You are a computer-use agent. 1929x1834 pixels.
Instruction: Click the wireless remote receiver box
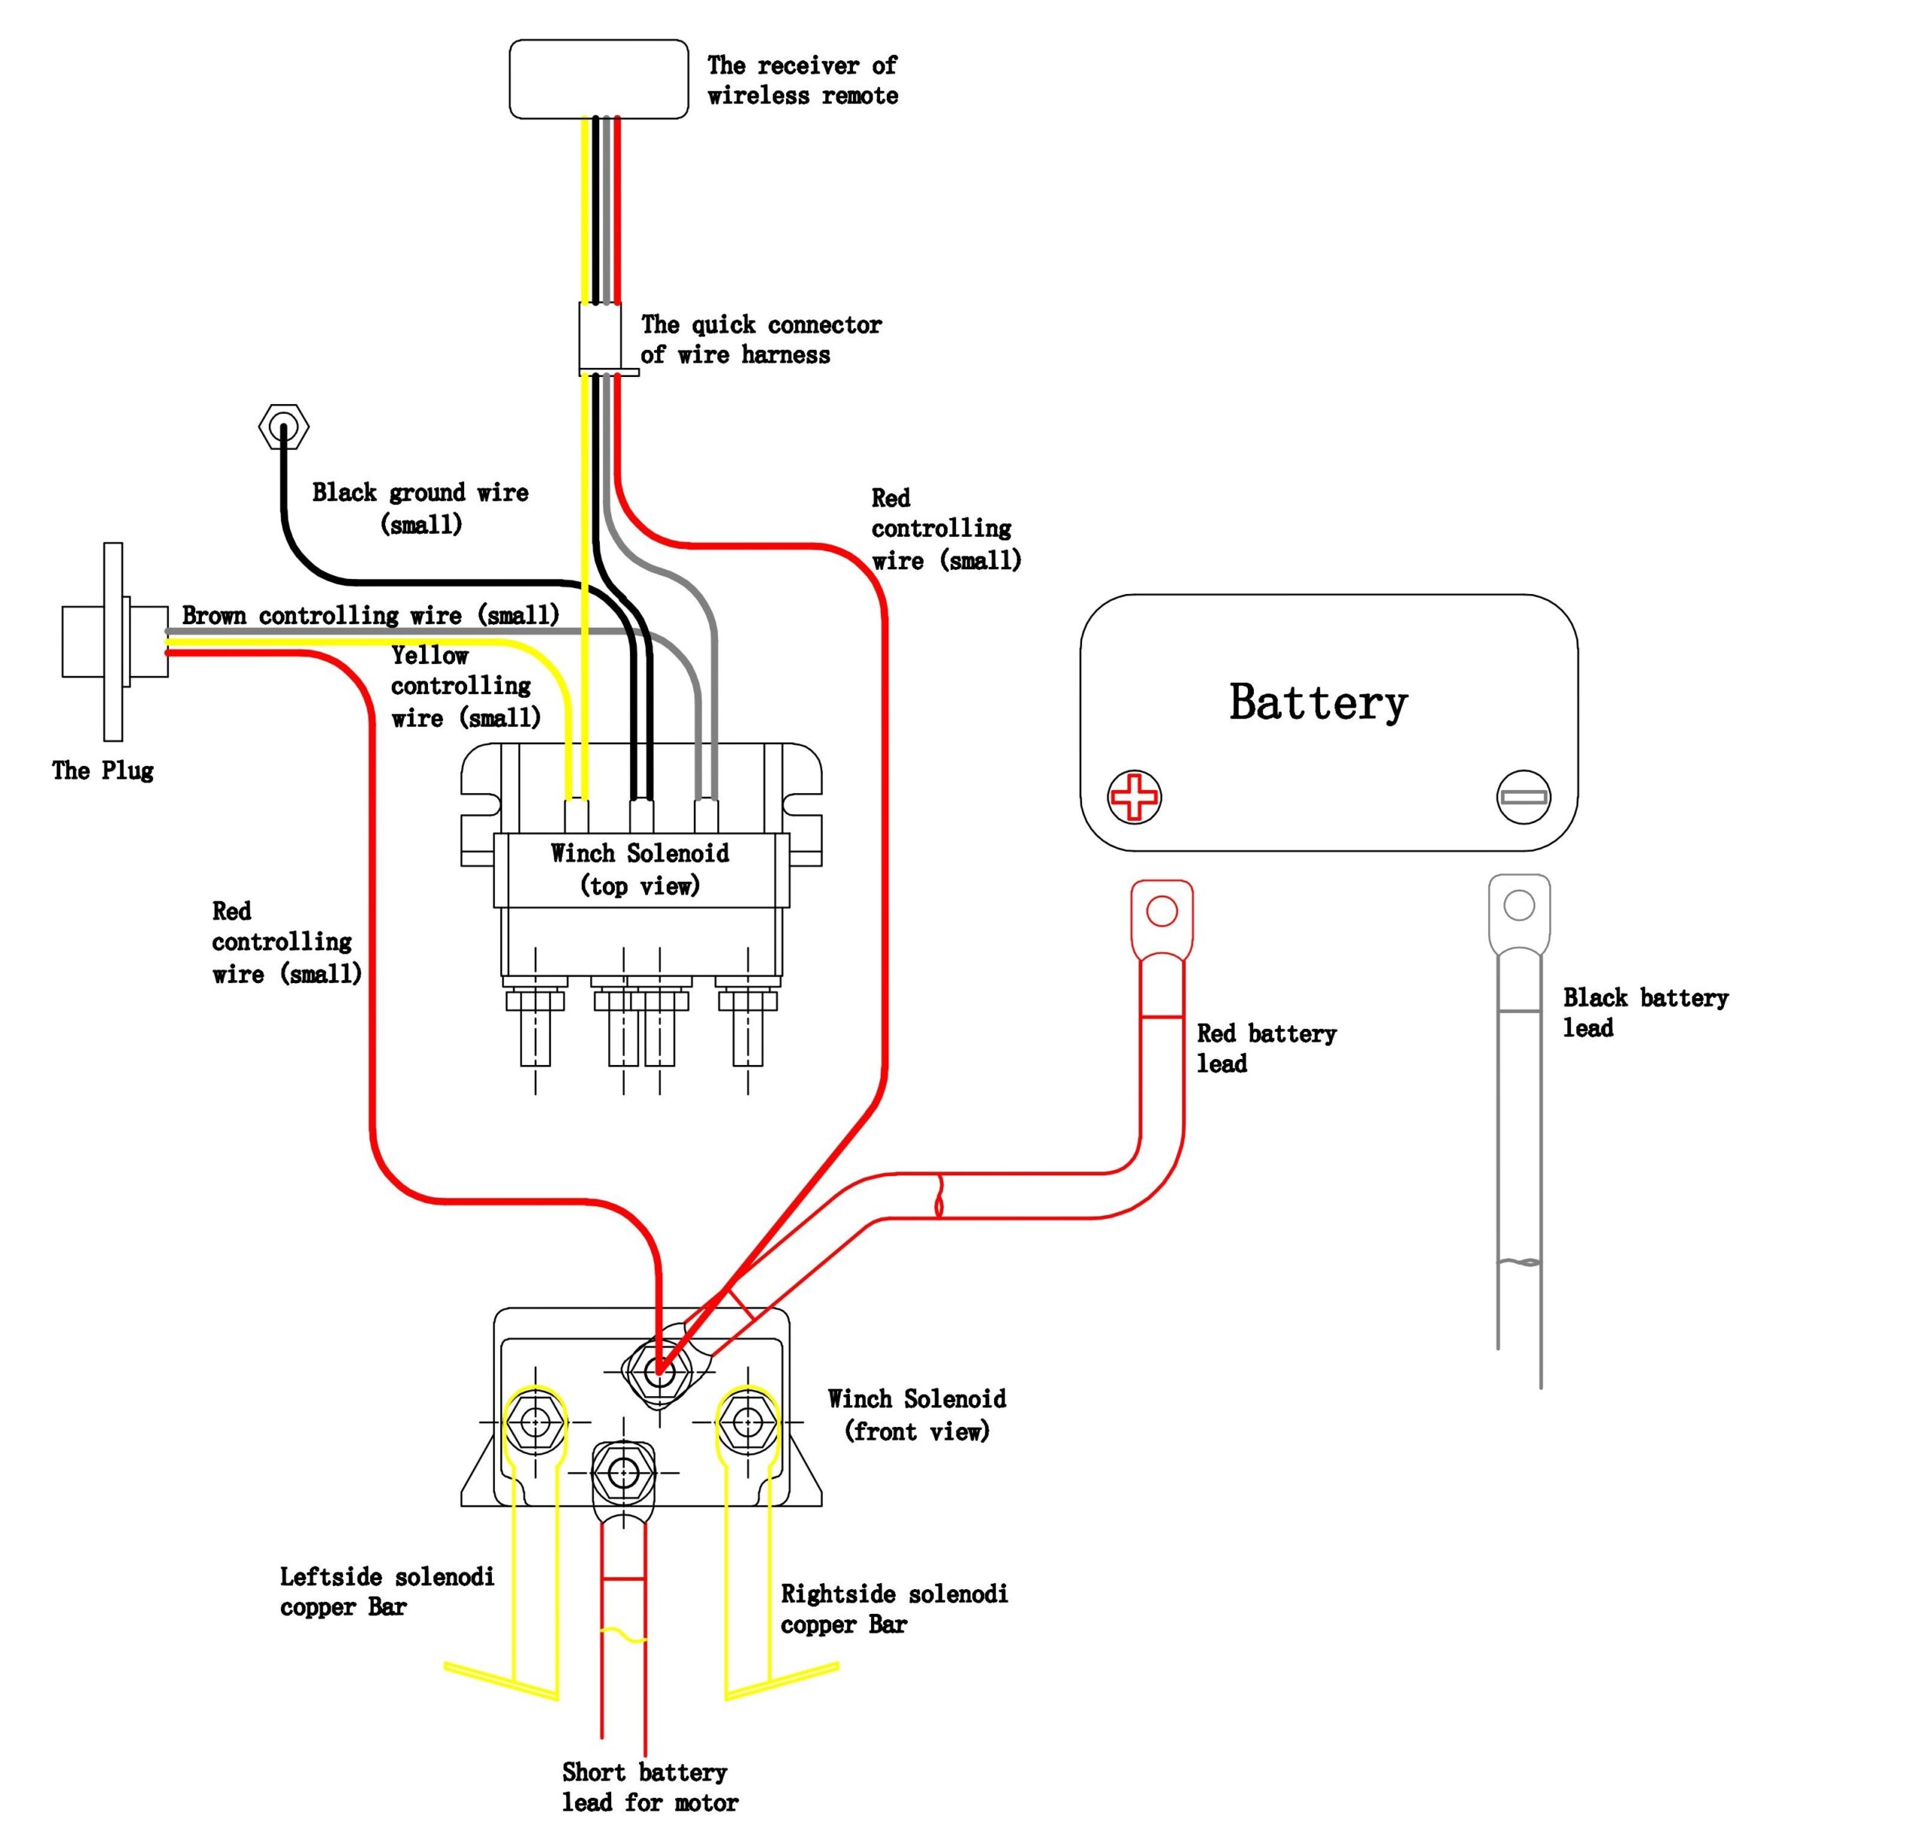pyautogui.click(x=598, y=79)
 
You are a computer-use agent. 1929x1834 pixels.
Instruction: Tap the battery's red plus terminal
pyautogui.click(x=1133, y=796)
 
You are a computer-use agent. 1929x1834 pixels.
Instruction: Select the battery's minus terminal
pyautogui.click(x=1523, y=796)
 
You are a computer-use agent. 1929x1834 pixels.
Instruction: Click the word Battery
pyautogui.click(x=1317, y=703)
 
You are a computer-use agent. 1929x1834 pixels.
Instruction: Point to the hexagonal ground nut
pyautogui.click(x=283, y=427)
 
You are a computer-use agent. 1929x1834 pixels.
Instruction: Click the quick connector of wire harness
pyautogui.click(x=600, y=337)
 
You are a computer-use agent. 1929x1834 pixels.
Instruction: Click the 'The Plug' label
pyautogui.click(x=102, y=770)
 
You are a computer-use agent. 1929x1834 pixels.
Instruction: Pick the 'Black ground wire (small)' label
pyautogui.click(x=420, y=507)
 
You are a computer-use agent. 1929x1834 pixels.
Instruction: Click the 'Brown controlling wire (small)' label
pyautogui.click(x=371, y=615)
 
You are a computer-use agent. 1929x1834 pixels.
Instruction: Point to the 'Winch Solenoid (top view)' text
pyautogui.click(x=640, y=869)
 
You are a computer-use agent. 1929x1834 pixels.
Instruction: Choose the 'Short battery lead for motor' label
pyautogui.click(x=649, y=1787)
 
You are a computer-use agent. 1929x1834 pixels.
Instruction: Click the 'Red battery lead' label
pyautogui.click(x=1265, y=1048)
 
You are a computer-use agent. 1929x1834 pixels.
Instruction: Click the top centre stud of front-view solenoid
pyautogui.click(x=659, y=1370)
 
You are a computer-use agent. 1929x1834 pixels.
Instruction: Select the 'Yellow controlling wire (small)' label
pyautogui.click(x=464, y=686)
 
